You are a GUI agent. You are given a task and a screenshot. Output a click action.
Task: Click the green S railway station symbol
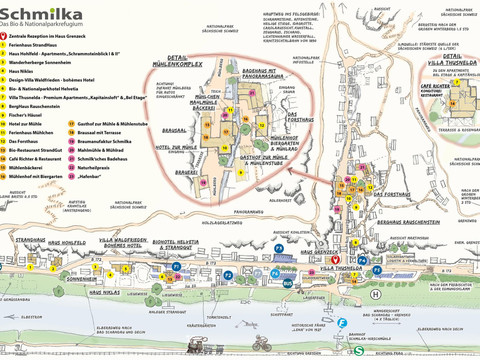(343, 322)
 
